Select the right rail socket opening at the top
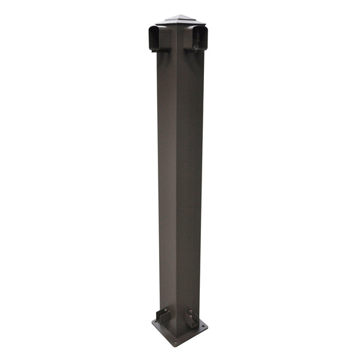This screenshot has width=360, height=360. pos(200,38)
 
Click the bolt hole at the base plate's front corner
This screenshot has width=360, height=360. pos(175,342)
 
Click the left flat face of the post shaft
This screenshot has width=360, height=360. pos(167,180)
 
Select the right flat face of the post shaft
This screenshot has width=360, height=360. pos(191,180)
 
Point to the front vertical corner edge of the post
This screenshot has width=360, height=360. pos(178,180)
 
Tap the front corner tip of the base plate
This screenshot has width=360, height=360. pos(175,346)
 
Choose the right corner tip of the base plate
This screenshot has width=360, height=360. pos(208,326)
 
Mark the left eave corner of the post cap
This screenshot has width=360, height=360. pos(155,24)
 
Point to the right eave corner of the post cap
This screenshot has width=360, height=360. pos(206,24)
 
